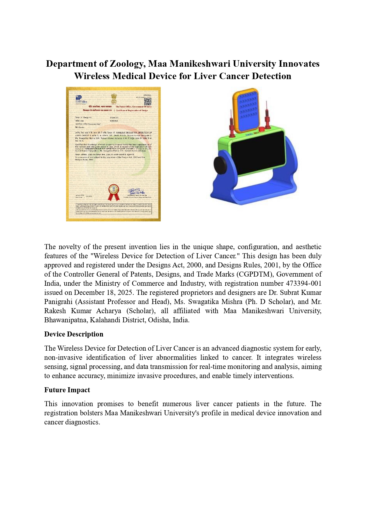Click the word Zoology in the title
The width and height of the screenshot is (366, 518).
coord(127,64)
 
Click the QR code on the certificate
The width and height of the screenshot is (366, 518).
coord(147,102)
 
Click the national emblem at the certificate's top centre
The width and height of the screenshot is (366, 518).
coord(114,99)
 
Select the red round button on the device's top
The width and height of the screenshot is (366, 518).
coord(262,130)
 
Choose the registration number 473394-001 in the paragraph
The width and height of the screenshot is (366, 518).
coord(303,283)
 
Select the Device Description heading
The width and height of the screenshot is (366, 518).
coord(74,334)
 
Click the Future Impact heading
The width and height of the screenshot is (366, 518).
coord(67,390)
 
